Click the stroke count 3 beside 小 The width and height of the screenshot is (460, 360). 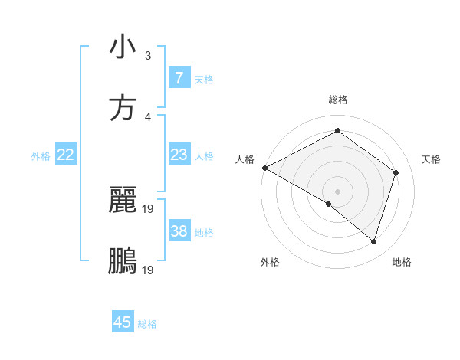tap(148, 56)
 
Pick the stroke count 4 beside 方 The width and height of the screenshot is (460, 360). tap(148, 117)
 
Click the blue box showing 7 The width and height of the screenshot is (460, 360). tap(179, 78)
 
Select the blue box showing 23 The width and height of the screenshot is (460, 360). tap(179, 155)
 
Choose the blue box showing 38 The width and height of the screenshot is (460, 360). tap(179, 231)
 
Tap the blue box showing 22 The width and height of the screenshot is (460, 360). tap(65, 155)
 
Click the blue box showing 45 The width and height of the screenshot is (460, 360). tap(123, 322)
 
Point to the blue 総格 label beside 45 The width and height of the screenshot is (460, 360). tap(147, 324)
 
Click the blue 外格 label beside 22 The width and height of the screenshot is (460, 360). tap(41, 156)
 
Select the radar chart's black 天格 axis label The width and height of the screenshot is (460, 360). tap(431, 159)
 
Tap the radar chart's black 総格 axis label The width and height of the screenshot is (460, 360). tap(337, 100)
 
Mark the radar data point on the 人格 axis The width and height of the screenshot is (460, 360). tap(264, 168)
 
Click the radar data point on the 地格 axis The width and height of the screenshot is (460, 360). tap(373, 241)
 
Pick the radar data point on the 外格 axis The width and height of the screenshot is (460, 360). tap(329, 204)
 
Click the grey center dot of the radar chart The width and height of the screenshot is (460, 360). tap(337, 191)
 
